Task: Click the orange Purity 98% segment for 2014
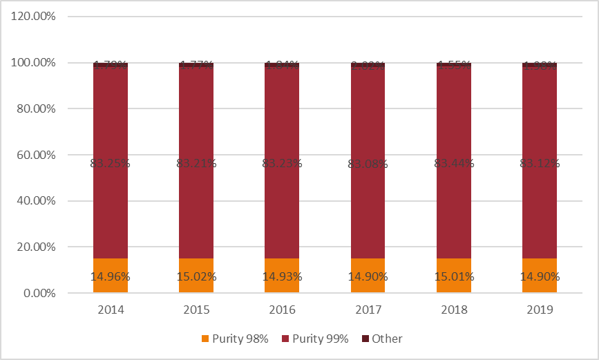111,266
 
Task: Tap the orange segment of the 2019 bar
540,266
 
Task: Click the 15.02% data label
196,277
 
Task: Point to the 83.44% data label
454,164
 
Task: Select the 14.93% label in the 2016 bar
282,277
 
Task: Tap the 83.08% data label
368,164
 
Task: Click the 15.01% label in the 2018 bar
454,277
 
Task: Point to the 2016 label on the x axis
282,310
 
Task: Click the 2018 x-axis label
454,310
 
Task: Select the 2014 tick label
111,310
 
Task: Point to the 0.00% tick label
39,293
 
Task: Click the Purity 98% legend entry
235,339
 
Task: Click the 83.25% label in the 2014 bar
111,164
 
